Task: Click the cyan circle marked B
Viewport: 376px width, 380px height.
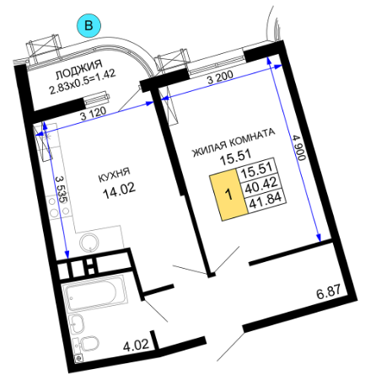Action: tap(89, 25)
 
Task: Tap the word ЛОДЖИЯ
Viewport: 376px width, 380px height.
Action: tap(79, 69)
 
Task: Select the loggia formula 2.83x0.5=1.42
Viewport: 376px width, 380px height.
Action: tap(83, 82)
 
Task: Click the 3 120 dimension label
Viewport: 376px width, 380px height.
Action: tap(94, 113)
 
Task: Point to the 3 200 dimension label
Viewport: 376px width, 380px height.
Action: tap(220, 78)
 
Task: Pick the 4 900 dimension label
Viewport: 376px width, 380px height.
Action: tap(298, 147)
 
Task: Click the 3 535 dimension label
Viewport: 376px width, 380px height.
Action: tap(62, 190)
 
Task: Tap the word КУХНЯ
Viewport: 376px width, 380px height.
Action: tap(114, 174)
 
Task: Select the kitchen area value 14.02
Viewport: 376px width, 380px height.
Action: tap(119, 190)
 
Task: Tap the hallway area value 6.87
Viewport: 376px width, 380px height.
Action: tap(329, 292)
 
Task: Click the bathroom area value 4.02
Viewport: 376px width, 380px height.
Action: tap(136, 345)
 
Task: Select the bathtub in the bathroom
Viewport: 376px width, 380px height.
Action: tap(94, 293)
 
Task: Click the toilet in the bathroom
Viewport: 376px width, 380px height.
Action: tap(88, 344)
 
